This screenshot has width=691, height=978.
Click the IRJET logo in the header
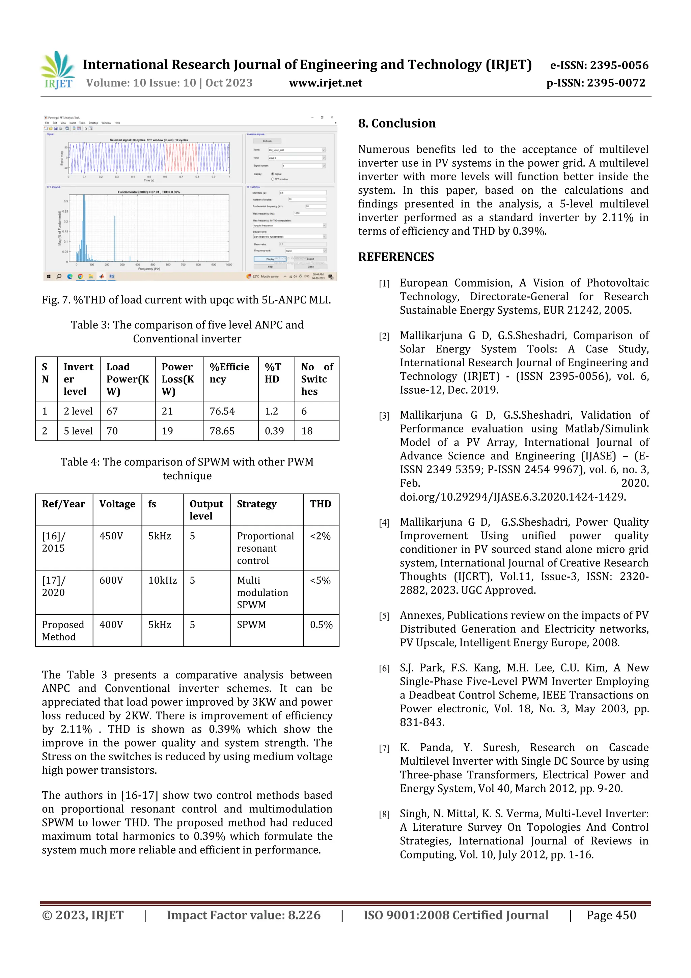pyautogui.click(x=58, y=70)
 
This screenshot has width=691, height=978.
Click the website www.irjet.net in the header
pyautogui.click(x=325, y=83)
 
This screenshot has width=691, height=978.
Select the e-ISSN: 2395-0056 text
pyautogui.click(x=599, y=65)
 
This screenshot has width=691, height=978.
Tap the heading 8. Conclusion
pyautogui.click(x=396, y=124)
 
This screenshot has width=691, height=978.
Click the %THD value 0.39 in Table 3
pyautogui.click(x=274, y=431)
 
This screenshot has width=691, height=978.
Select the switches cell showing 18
pyautogui.click(x=307, y=431)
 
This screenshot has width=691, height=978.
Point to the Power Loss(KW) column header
pyautogui.click(x=178, y=379)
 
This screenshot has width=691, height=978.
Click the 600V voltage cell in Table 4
pyautogui.click(x=111, y=581)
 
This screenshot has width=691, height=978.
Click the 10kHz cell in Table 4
pyautogui.click(x=162, y=581)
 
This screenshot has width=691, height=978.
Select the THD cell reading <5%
pyautogui.click(x=320, y=581)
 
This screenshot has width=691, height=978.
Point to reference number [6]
pyautogui.click(x=384, y=669)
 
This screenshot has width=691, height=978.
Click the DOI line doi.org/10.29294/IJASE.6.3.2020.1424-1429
pyautogui.click(x=513, y=497)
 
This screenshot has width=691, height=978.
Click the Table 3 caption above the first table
pyautogui.click(x=187, y=332)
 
